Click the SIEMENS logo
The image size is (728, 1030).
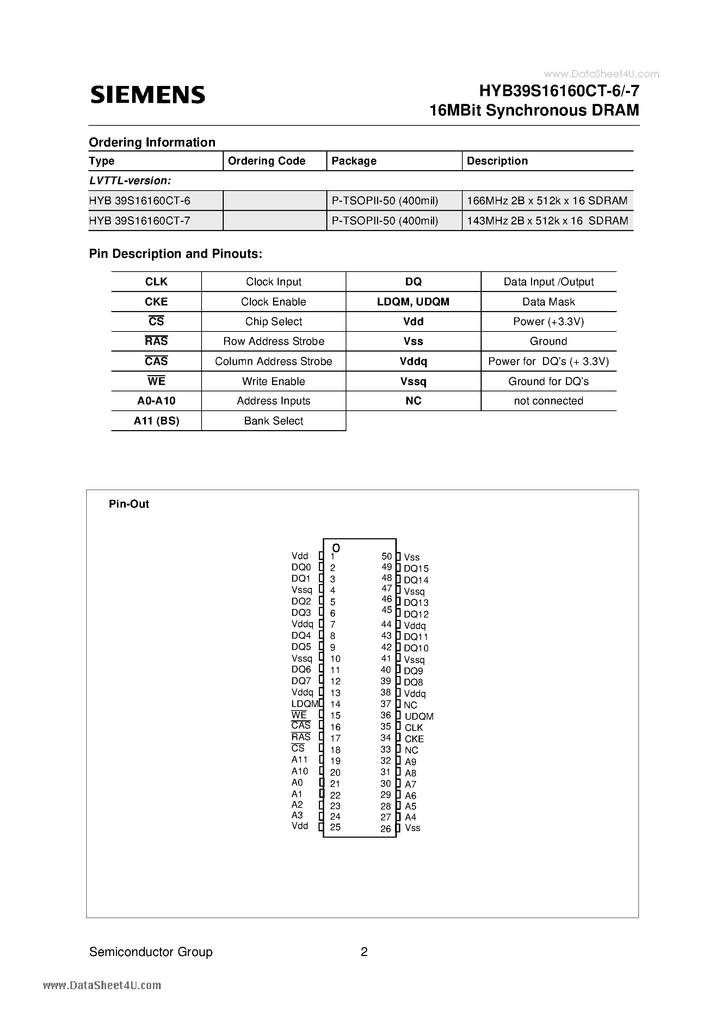tap(148, 95)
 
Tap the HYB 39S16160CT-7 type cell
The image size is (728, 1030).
tap(140, 221)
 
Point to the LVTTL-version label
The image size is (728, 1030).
tap(130, 181)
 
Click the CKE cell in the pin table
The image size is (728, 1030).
tap(156, 302)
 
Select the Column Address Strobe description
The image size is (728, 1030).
tap(273, 361)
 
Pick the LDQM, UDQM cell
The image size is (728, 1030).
tap(413, 302)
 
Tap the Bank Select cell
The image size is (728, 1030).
tap(273, 421)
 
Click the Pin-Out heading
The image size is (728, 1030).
tap(129, 504)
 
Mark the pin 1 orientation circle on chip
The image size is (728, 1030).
tap(336, 548)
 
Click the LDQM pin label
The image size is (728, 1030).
tap(304, 704)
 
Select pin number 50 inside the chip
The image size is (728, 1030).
tap(387, 556)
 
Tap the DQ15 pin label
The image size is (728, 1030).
tap(416, 569)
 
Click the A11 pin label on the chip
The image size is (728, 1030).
tap(300, 759)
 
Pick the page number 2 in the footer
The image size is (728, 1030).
tap(364, 952)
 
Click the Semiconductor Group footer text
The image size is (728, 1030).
tap(151, 952)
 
